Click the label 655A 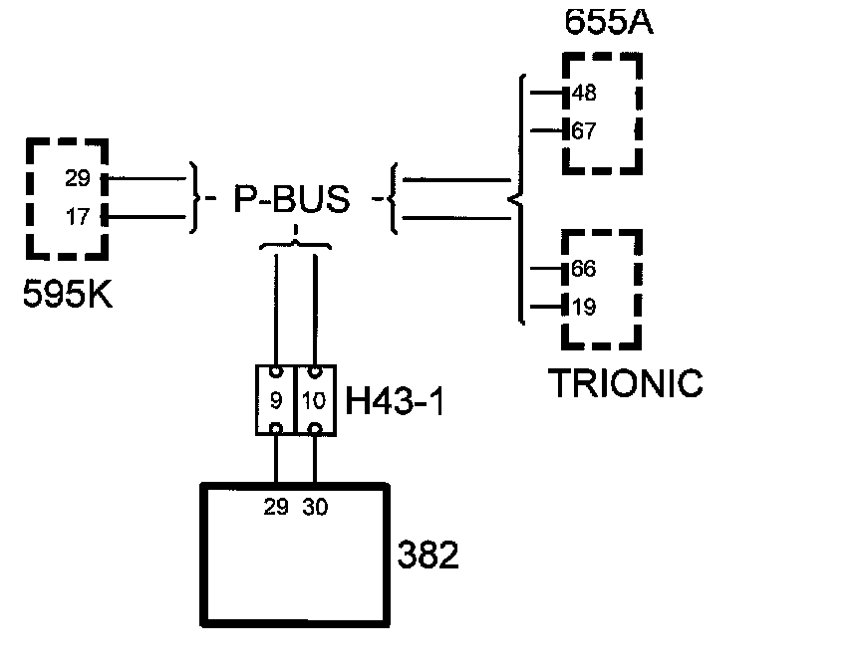(608, 23)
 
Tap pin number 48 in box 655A (584, 95)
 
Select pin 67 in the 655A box (584, 130)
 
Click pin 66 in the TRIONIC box (584, 270)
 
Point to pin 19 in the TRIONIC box (585, 307)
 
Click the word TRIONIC (626, 383)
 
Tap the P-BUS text (292, 200)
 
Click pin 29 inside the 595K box (78, 179)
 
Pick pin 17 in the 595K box (78, 217)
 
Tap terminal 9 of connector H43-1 (276, 400)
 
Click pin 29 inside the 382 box (276, 507)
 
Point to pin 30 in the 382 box (315, 507)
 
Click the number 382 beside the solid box (429, 555)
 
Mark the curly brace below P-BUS (295, 243)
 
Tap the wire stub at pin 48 (547, 95)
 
